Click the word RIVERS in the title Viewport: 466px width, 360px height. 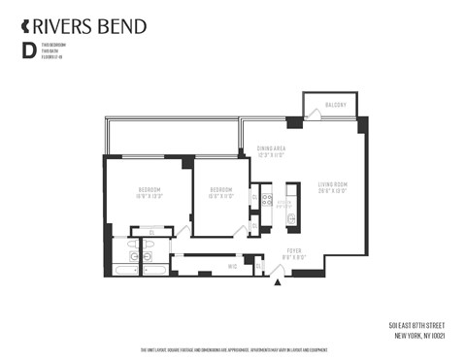(65, 25)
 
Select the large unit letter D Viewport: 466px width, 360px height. (27, 51)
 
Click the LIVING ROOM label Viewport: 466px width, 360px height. (332, 186)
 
